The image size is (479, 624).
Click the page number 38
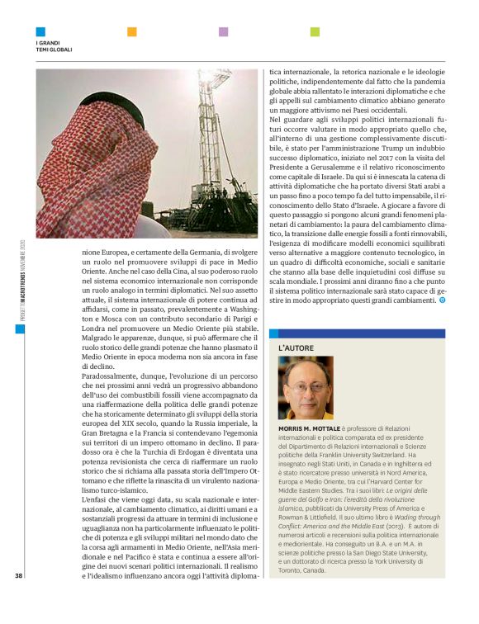[18, 598]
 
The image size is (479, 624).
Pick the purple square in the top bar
[223, 32]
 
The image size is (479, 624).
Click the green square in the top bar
[315, 32]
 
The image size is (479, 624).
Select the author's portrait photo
[306, 387]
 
